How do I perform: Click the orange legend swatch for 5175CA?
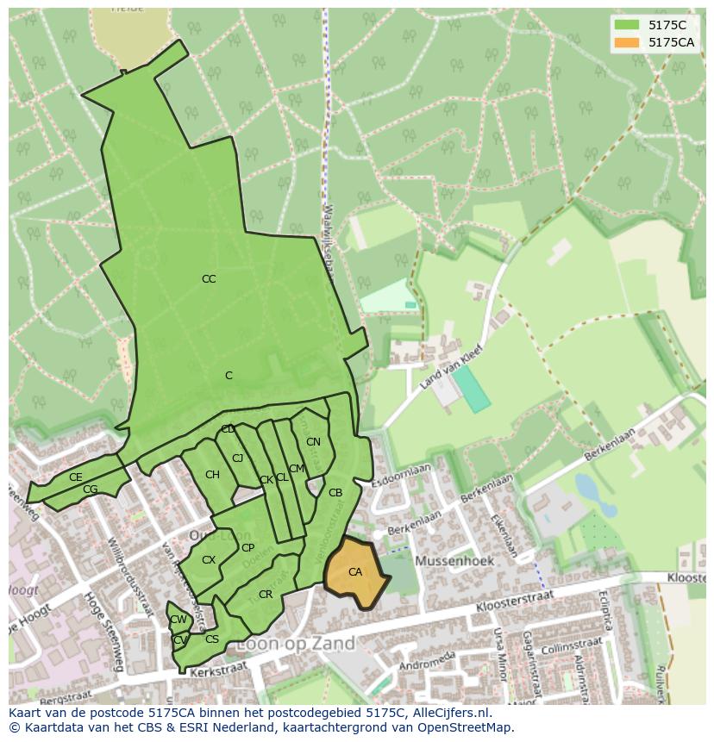click(x=627, y=42)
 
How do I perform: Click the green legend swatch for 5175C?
click(x=627, y=25)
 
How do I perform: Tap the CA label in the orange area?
click(x=355, y=572)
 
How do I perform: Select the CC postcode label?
click(x=209, y=279)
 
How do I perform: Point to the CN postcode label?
click(x=313, y=442)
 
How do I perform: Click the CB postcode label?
click(x=335, y=493)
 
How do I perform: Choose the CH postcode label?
click(x=212, y=475)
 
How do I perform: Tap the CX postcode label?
click(x=209, y=560)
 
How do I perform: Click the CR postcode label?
click(x=266, y=595)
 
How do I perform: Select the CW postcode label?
click(x=178, y=620)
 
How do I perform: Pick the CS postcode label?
click(x=212, y=639)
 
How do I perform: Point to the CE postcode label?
click(x=76, y=477)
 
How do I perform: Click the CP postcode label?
click(x=247, y=548)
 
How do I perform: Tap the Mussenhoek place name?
click(x=454, y=560)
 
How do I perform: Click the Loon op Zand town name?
click(x=295, y=644)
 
